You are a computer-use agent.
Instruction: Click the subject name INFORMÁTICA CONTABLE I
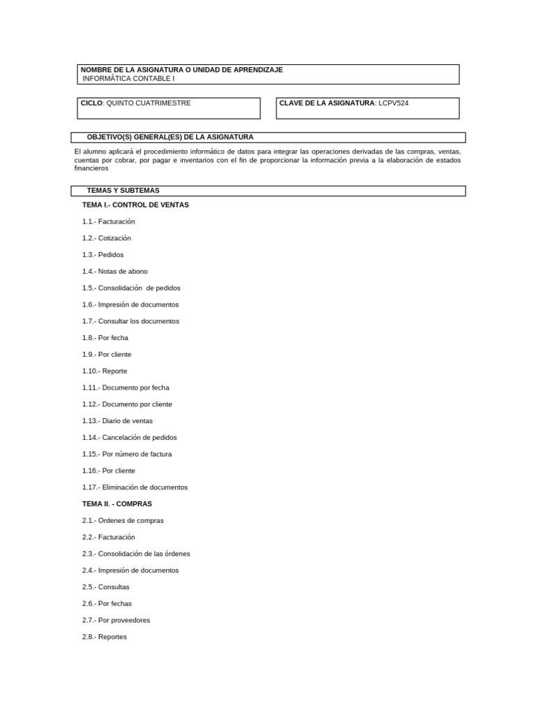[128, 79]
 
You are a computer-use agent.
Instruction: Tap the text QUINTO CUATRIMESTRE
[148, 103]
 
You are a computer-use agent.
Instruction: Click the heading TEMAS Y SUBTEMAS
[123, 191]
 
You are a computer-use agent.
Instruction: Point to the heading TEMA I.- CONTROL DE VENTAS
[135, 205]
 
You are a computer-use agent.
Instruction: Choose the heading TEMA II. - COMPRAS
[117, 504]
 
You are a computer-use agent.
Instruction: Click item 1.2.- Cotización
[106, 238]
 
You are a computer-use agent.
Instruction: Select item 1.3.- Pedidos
[103, 255]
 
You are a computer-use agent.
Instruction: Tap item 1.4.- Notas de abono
[114, 272]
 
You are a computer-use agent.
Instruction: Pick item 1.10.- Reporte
[105, 371]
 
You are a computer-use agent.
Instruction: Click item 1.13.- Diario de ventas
[117, 421]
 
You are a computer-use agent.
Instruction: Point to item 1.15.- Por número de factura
[127, 455]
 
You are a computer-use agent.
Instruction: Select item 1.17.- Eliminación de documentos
[135, 487]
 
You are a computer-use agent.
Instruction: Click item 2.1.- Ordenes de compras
[123, 521]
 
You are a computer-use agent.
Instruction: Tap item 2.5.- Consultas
[105, 587]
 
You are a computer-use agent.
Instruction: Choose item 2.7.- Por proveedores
[116, 620]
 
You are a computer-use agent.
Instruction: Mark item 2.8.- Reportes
[105, 637]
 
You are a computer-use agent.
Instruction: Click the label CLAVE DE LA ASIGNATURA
[327, 103]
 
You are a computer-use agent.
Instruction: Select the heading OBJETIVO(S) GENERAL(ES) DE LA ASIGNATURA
[170, 138]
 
